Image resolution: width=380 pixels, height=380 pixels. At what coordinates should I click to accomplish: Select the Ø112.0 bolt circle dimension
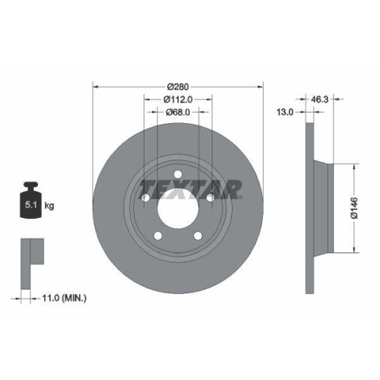tap(177, 98)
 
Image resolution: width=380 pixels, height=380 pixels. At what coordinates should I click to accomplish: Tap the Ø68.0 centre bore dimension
tap(177, 112)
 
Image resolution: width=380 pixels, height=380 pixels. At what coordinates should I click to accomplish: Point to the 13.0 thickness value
tap(285, 111)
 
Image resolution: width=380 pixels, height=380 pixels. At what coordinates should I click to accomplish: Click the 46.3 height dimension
tap(319, 98)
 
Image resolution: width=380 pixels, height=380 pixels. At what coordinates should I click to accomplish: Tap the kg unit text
tap(49, 205)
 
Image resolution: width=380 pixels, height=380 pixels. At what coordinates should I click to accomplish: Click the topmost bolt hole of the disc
tap(177, 176)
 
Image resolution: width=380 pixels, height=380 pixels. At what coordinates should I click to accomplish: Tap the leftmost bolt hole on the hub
tap(146, 199)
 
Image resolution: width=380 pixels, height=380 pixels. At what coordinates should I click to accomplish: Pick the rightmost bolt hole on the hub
tap(209, 199)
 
